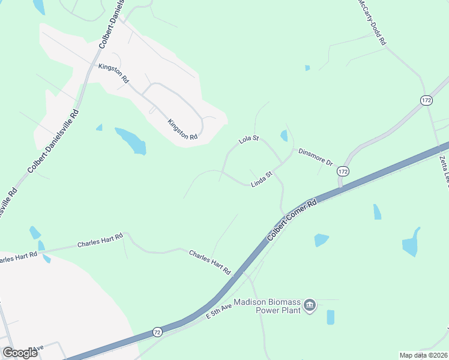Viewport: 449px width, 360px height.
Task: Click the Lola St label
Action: [248, 139]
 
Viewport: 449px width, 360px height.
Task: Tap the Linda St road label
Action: [262, 178]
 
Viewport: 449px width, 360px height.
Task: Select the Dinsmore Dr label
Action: [315, 157]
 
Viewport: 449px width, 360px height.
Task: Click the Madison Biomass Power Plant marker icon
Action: [310, 306]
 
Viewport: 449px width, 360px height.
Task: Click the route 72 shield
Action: [157, 331]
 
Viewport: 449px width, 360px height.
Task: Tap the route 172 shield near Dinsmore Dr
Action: [343, 172]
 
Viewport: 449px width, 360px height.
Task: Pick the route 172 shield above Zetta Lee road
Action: [426, 100]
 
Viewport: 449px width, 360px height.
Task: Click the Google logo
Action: [20, 352]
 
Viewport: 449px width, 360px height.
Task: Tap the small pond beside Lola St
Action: [283, 136]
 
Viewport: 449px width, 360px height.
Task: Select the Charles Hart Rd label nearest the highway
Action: [210, 262]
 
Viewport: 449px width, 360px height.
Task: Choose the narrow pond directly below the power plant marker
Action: [330, 317]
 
